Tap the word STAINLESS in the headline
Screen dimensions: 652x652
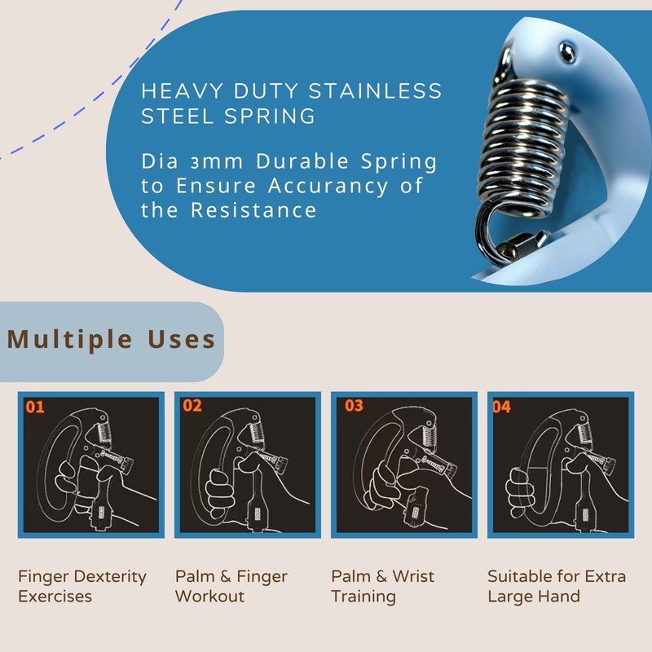pyautogui.click(x=375, y=90)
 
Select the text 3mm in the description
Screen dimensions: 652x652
pyautogui.click(x=216, y=161)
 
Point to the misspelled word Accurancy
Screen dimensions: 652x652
pyautogui.click(x=328, y=186)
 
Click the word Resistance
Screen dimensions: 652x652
pyautogui.click(x=253, y=210)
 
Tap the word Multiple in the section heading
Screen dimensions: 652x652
pyautogui.click(x=70, y=340)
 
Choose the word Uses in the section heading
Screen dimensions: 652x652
pyautogui.click(x=182, y=339)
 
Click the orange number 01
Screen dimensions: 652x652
pyautogui.click(x=35, y=407)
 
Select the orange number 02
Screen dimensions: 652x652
pyautogui.click(x=192, y=405)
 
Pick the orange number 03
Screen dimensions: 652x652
pyautogui.click(x=354, y=405)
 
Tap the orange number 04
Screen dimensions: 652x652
pyautogui.click(x=501, y=407)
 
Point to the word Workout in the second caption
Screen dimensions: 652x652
pyautogui.click(x=209, y=597)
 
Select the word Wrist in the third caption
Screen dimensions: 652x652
pyautogui.click(x=413, y=576)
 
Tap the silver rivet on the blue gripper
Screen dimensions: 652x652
pyautogui.click(x=566, y=52)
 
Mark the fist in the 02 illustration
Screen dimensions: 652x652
pyautogui.click(x=220, y=491)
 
